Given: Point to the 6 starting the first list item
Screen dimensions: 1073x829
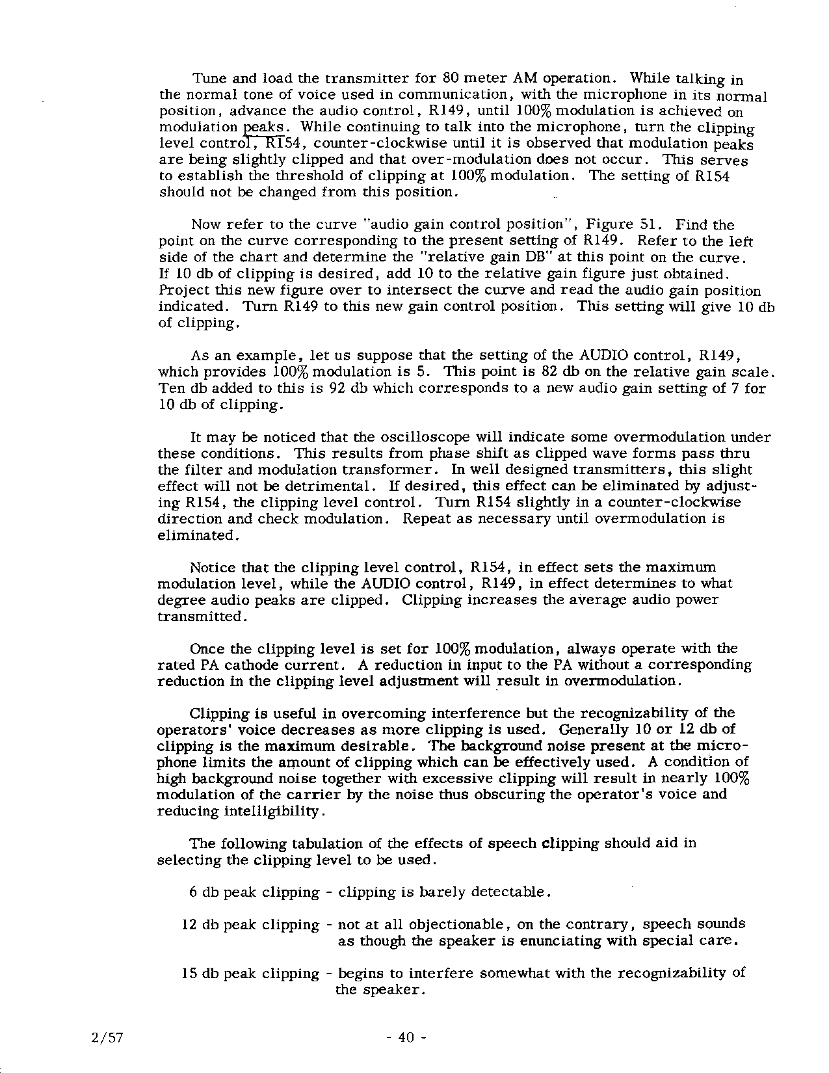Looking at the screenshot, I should click(x=193, y=892).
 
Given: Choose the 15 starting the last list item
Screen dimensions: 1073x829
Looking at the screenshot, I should click(x=189, y=974).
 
